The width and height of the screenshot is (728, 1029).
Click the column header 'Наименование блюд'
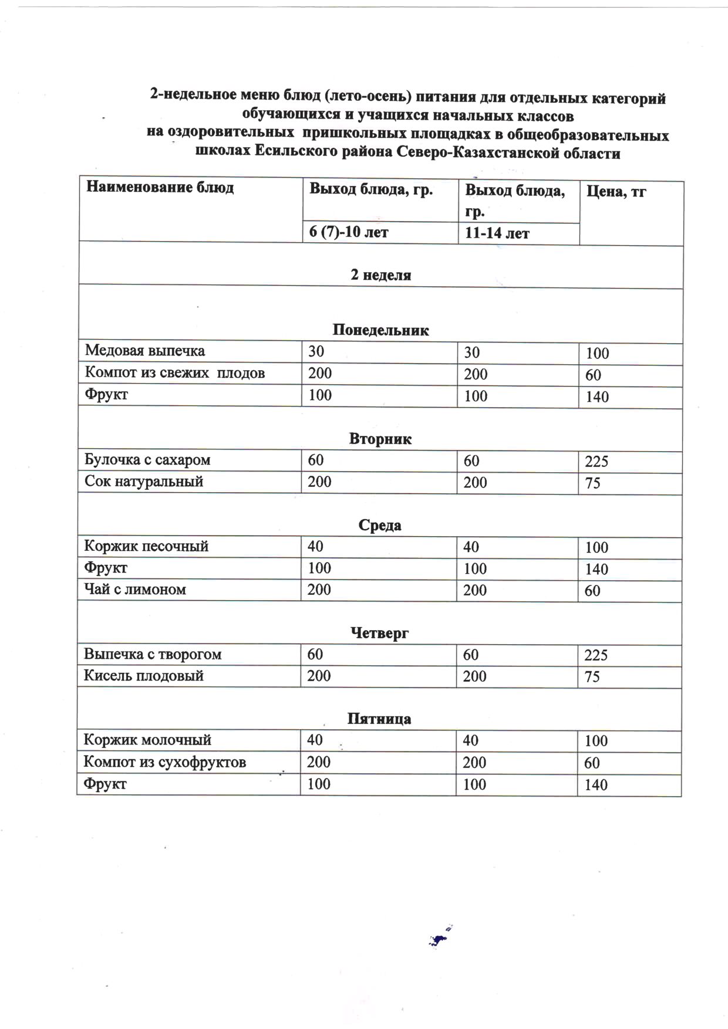coord(160,188)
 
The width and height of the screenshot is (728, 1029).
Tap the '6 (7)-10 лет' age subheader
coord(349,232)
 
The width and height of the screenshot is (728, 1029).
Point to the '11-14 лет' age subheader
coord(497,233)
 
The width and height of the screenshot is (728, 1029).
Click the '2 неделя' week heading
coord(380,275)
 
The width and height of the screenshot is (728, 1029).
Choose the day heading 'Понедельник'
coord(380,330)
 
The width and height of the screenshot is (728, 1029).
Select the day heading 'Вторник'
coord(380,439)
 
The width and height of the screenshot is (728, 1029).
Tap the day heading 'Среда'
coord(380,525)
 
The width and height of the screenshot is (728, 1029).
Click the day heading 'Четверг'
coord(379,633)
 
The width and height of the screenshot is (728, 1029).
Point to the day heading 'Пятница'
coord(379,719)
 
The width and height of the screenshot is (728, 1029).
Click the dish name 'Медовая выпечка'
coord(145,351)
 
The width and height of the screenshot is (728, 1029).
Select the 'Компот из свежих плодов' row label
coord(174,373)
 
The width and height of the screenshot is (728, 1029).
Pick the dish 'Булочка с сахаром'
coord(147,459)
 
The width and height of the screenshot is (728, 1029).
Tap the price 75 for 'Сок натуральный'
coord(592,483)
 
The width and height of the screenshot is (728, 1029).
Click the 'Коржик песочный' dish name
coord(146,546)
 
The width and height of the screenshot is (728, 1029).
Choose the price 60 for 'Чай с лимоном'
coord(592,591)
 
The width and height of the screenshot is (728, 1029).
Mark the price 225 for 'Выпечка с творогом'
coord(596,655)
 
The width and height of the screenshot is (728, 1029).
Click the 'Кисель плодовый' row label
coord(144,676)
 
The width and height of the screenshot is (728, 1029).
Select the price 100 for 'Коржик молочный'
coord(596,741)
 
